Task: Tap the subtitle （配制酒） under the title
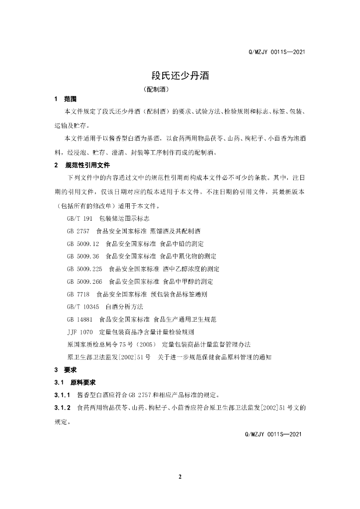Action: point(156,90)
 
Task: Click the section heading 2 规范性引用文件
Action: point(82,165)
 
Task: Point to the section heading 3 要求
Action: point(65,370)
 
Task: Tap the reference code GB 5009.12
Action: point(83,244)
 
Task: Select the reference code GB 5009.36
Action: point(83,256)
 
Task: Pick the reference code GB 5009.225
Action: point(84,269)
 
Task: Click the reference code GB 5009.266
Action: point(84,281)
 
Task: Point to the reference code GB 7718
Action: point(78,294)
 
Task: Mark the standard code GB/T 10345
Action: point(83,307)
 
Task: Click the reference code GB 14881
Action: point(80,319)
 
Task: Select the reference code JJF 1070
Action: point(80,332)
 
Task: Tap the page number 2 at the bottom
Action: point(180,477)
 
